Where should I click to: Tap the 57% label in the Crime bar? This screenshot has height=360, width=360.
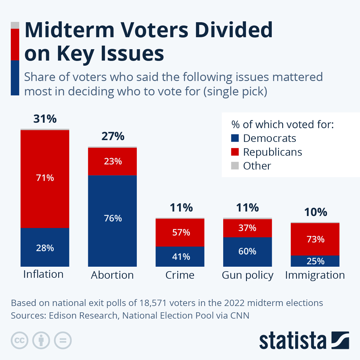click(181, 232)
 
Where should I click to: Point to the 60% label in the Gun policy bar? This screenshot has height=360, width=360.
click(247, 251)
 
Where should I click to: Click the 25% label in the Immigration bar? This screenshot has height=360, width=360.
click(315, 261)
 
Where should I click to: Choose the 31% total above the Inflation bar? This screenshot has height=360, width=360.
click(45, 119)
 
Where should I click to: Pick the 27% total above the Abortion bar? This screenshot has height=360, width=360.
click(113, 136)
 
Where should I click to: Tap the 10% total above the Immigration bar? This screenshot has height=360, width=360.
click(315, 212)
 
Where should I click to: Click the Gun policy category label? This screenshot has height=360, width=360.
click(247, 275)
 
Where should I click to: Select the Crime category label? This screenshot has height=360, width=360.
click(180, 275)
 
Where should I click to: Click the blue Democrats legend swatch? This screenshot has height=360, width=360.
click(235, 138)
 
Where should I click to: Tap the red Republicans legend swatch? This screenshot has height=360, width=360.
click(235, 152)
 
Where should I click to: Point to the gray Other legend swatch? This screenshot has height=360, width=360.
click(235, 166)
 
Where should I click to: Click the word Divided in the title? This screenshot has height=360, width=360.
click(234, 30)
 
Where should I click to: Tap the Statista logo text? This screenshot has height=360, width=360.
click(292, 341)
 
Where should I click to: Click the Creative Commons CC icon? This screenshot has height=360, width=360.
click(19, 340)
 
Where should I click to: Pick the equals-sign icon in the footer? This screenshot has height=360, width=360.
click(63, 340)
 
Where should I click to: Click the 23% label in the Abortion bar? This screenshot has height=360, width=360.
click(113, 161)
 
